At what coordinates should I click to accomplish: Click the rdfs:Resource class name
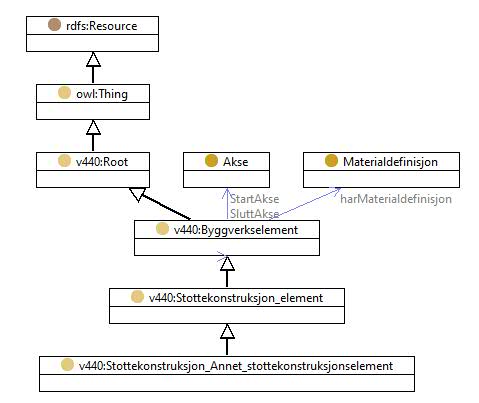coord(102,26)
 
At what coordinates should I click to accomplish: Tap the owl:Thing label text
coord(102,94)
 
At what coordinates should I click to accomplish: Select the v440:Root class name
coord(102,162)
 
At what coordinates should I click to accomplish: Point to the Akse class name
coord(236,162)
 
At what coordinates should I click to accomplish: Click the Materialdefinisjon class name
coord(390,162)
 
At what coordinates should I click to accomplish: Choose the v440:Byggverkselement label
coord(236,230)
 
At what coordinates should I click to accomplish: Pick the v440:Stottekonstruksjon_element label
coord(236,298)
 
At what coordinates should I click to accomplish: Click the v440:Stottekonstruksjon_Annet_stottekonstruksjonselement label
coord(236,366)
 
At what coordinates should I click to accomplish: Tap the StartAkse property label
coord(255,199)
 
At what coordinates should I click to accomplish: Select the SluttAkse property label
coord(255,214)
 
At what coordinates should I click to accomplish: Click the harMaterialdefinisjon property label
coord(396,199)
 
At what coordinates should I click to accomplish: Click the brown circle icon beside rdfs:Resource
coord(54,25)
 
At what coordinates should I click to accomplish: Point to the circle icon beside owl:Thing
coord(64,93)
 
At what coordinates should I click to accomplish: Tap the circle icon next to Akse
coord(211,161)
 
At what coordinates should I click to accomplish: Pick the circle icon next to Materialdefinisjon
coord(331,161)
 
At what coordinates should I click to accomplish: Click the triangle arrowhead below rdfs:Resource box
coord(93,59)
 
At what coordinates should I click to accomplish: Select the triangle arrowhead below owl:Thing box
coord(93,127)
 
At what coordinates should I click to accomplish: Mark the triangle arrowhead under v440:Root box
coord(137,194)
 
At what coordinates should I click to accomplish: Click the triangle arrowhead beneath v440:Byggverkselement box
coord(227,263)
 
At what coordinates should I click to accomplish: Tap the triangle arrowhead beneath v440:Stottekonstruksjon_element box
coord(227,331)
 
